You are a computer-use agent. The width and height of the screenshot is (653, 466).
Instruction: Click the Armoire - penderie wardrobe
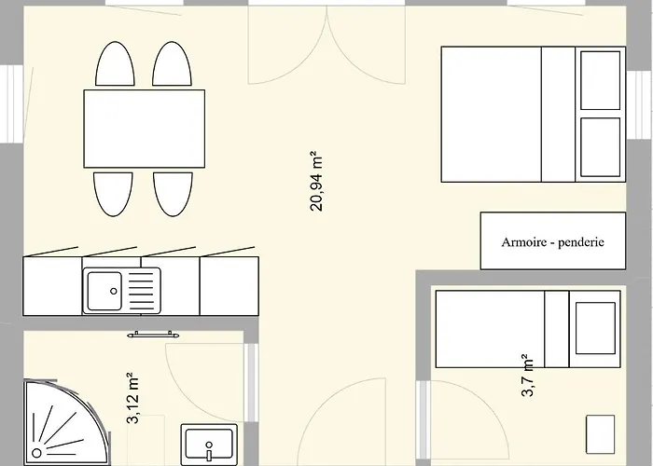tap(553, 242)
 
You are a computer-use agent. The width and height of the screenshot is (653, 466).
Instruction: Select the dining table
tap(144, 128)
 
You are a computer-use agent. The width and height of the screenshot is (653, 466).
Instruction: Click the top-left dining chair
tap(115, 65)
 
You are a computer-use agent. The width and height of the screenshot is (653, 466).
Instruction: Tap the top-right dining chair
tap(174, 65)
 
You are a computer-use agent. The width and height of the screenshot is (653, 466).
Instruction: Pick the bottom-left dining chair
tap(115, 194)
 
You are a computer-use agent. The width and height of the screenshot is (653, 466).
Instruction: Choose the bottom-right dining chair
tap(174, 194)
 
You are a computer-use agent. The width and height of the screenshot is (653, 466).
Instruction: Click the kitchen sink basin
tap(104, 290)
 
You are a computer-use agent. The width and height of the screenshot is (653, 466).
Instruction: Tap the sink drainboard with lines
tap(142, 290)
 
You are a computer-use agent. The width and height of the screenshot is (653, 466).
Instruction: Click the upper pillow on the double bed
tap(600, 80)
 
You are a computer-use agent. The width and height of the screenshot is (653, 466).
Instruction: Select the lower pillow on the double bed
tap(600, 144)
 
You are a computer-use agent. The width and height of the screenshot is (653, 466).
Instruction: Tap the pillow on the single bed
tap(593, 328)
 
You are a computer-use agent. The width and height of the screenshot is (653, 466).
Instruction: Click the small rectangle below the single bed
tap(601, 432)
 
